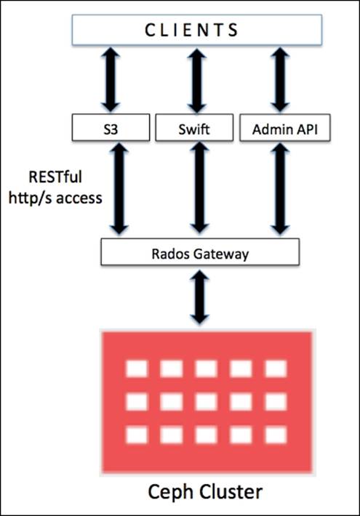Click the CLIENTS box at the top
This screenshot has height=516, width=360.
[x=197, y=31]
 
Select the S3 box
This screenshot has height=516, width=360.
[x=111, y=129]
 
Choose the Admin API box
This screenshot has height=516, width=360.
[x=280, y=129]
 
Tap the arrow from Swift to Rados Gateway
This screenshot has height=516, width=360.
[x=195, y=190]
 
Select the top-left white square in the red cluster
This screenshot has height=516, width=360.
[x=137, y=369]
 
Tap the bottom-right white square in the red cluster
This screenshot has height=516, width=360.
[x=276, y=435]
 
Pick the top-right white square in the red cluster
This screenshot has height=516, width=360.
[x=276, y=369]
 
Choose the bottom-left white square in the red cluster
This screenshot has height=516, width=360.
[x=137, y=435]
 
